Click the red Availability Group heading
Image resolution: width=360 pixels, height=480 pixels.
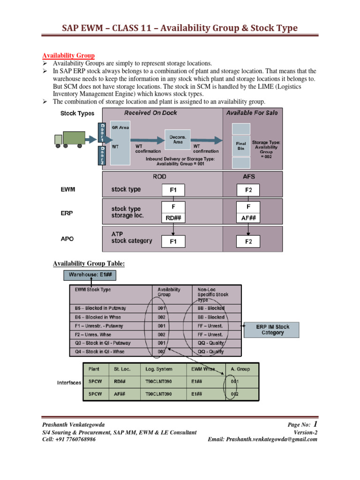(69, 55)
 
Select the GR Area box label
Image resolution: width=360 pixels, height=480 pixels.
(120, 127)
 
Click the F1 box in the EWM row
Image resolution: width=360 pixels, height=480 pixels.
(173, 190)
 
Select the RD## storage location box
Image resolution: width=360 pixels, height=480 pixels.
(173, 217)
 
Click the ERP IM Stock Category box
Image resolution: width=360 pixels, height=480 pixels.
(272, 330)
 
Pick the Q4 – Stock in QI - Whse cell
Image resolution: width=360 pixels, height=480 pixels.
(102, 352)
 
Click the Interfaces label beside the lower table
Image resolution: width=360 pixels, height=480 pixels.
(69, 382)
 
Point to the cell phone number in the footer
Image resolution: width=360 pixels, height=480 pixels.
(69, 440)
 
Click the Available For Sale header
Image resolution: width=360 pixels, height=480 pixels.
(252, 113)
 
